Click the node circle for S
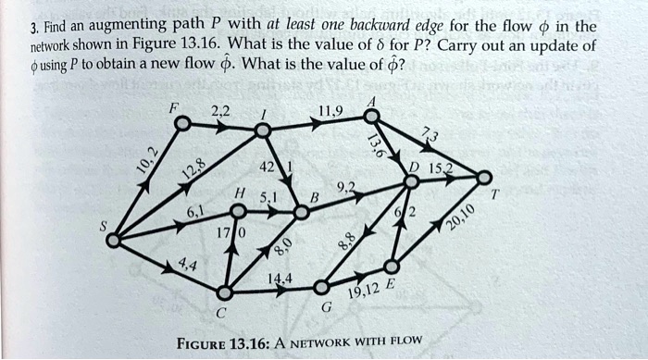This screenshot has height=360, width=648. [x=113, y=240]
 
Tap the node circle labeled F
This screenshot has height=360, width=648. [x=183, y=122]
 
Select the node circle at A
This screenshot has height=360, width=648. [x=370, y=116]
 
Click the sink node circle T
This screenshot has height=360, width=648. [x=483, y=176]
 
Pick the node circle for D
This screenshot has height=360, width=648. [x=412, y=182]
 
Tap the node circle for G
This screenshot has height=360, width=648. [x=320, y=288]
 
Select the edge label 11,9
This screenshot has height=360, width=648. [x=330, y=112]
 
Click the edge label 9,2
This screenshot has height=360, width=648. [x=344, y=188]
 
